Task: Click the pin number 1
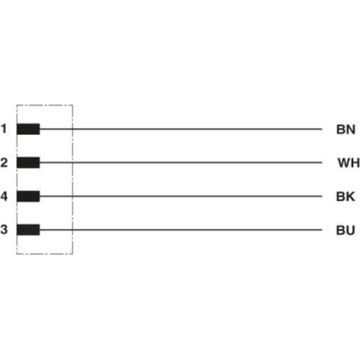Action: pos(4,129)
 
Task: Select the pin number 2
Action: pos(4,162)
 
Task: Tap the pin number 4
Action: pos(4,196)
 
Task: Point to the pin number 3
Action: pos(4,230)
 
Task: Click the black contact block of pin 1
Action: pos(28,129)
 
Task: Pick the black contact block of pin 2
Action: pos(28,162)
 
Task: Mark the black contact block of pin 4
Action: pos(28,196)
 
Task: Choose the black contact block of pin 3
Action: pos(28,230)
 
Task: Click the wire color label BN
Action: pos(345,129)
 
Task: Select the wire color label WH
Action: pos(349,163)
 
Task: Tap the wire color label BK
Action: pos(345,197)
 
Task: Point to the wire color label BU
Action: pos(345,231)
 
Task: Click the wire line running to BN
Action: pos(181,129)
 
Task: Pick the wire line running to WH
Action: pos(181,162)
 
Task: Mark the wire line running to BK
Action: pos(181,196)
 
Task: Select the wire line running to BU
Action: pos(181,230)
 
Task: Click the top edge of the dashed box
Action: pos(44,105)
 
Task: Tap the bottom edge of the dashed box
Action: pos(44,254)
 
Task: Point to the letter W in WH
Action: pos(344,163)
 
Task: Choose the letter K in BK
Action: pos(350,197)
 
